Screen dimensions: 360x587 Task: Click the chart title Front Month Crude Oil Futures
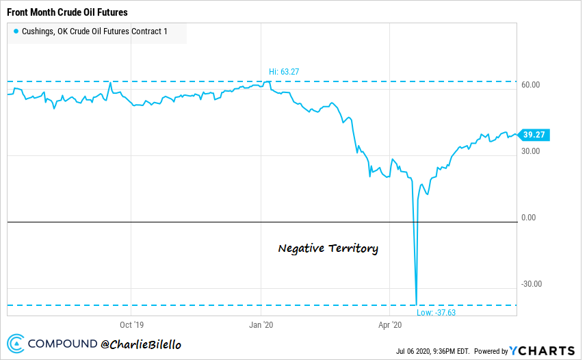[67, 12]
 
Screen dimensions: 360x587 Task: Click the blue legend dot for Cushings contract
[16, 31]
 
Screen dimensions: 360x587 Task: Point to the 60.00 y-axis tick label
[531, 85]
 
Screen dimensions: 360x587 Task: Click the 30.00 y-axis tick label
[531, 151]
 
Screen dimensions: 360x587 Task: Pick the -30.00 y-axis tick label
[531, 284]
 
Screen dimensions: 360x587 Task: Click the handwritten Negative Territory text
[328, 248]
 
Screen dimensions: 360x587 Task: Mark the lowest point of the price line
[416, 303]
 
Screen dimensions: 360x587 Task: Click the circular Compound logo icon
[16, 344]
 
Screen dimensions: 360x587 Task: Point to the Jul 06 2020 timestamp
[432, 351]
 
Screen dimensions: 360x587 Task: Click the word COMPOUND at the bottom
[62, 344]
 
